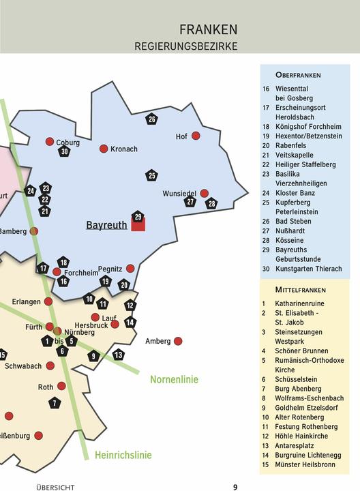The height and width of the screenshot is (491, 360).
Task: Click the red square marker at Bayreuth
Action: [138, 225]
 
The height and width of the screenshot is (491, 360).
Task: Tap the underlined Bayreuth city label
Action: [106, 225]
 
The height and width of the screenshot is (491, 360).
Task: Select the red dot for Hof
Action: [196, 136]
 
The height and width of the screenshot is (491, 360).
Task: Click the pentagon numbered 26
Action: [151, 119]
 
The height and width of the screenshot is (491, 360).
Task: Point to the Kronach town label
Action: [123, 149]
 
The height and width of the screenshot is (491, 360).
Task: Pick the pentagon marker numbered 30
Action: [64, 151]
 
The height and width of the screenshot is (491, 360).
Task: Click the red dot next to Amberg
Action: [178, 341]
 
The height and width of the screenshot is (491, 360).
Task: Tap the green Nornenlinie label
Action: [174, 379]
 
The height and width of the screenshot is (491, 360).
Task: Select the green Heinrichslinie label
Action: [123, 455]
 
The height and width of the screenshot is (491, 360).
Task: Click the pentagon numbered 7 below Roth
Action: [55, 403]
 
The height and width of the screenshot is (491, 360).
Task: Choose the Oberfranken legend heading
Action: [298, 74]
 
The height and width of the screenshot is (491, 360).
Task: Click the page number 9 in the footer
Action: [235, 487]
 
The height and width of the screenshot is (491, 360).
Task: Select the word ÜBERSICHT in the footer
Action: [55, 488]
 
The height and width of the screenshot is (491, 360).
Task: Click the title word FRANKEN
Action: [209, 29]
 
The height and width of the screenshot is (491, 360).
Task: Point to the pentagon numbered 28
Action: [211, 203]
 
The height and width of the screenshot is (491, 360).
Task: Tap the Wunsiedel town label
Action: [179, 194]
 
